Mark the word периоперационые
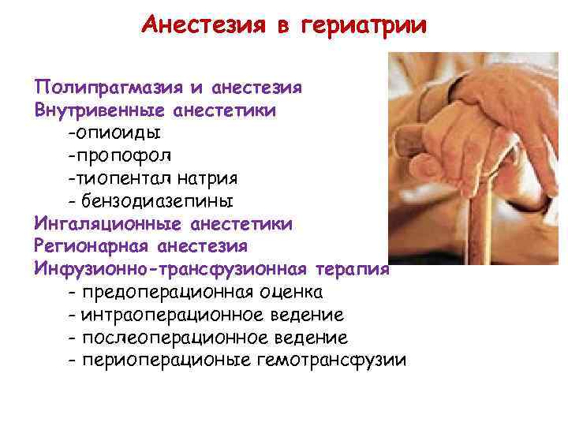tap(164, 361)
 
